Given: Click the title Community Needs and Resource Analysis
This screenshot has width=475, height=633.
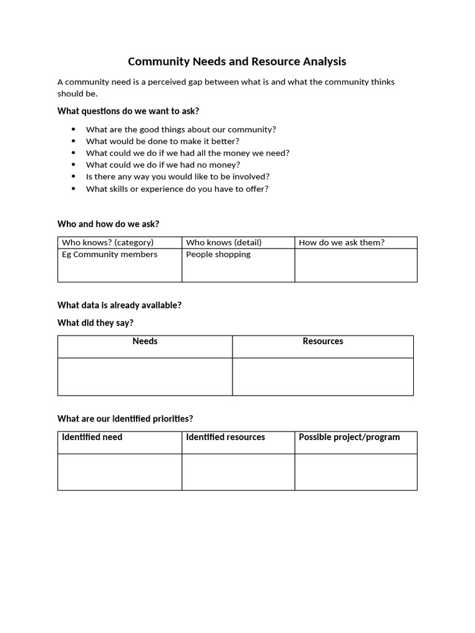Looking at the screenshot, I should [x=237, y=61].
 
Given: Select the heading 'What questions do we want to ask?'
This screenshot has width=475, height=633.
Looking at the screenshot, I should [x=128, y=111].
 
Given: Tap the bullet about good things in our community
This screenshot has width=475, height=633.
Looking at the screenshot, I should [x=181, y=129].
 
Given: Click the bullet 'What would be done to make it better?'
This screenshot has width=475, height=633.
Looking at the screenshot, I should [x=162, y=141].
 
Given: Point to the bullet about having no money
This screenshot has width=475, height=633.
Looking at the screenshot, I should [x=163, y=165].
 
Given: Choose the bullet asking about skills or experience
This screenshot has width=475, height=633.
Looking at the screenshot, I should [x=177, y=189].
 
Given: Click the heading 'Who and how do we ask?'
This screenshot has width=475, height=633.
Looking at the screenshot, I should [x=108, y=224].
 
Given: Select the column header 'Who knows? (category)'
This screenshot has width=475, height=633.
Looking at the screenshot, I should [x=108, y=242].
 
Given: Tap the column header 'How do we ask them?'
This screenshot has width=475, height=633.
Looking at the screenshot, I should [x=341, y=242].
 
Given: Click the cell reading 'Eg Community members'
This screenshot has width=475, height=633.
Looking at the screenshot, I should [x=109, y=255].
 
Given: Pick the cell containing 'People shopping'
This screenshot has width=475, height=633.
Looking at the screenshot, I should [x=218, y=255].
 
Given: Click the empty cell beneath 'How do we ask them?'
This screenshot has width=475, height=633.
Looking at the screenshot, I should [x=356, y=265].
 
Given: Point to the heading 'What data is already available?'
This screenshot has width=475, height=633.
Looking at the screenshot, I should [x=119, y=305].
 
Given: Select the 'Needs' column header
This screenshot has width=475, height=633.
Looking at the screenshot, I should [x=145, y=341].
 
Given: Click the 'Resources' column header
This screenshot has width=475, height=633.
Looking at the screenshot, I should [x=323, y=341].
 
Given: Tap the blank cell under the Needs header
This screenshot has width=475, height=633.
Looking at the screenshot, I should [x=145, y=376].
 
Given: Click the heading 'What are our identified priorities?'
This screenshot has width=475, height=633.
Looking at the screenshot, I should [x=129, y=418].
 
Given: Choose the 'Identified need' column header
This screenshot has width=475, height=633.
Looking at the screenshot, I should [x=92, y=437].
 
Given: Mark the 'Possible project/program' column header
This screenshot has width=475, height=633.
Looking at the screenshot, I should [x=349, y=437].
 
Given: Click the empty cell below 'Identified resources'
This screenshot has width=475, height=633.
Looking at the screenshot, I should [x=238, y=472].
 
